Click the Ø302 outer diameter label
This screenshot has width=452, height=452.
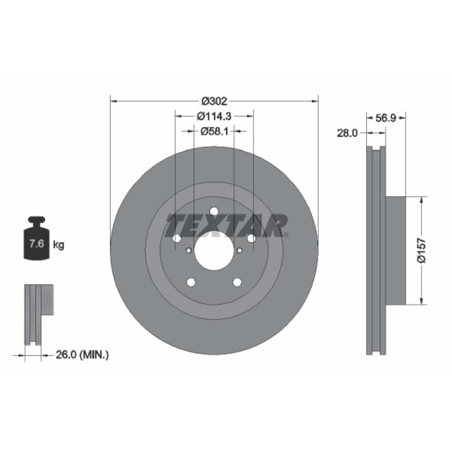pyautogui.click(x=214, y=101)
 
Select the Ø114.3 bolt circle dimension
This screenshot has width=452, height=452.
pyautogui.click(x=214, y=116)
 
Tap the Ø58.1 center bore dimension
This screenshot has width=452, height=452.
pyautogui.click(x=215, y=132)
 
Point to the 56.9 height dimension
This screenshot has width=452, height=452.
pyautogui.click(x=386, y=118)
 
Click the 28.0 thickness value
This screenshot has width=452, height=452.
pyautogui.click(x=347, y=133)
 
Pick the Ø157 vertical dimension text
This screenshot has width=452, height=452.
pyautogui.click(x=421, y=250)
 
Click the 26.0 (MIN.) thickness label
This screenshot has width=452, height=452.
pyautogui.click(x=82, y=355)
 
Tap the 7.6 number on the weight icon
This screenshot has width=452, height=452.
pyautogui.click(x=37, y=244)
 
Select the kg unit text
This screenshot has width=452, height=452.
pyautogui.click(x=59, y=245)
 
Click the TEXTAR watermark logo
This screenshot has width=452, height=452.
pyautogui.click(x=227, y=225)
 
